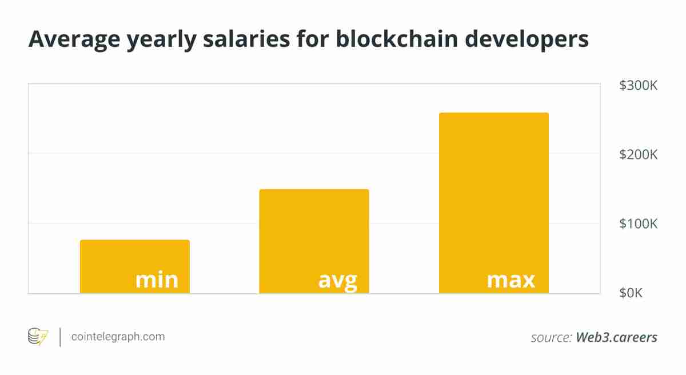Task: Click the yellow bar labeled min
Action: click(134, 257)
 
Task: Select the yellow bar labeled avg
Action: click(314, 229)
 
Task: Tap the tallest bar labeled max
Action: click(493, 189)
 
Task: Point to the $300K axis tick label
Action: click(638, 86)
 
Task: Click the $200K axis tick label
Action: click(638, 155)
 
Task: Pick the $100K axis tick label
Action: click(638, 224)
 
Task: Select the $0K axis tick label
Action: click(631, 293)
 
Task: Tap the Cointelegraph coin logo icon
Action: click(38, 337)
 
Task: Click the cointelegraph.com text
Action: click(118, 337)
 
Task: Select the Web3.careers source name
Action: click(616, 337)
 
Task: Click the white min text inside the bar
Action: click(157, 280)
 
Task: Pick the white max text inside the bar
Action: click(511, 280)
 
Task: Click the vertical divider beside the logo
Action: click(60, 337)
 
